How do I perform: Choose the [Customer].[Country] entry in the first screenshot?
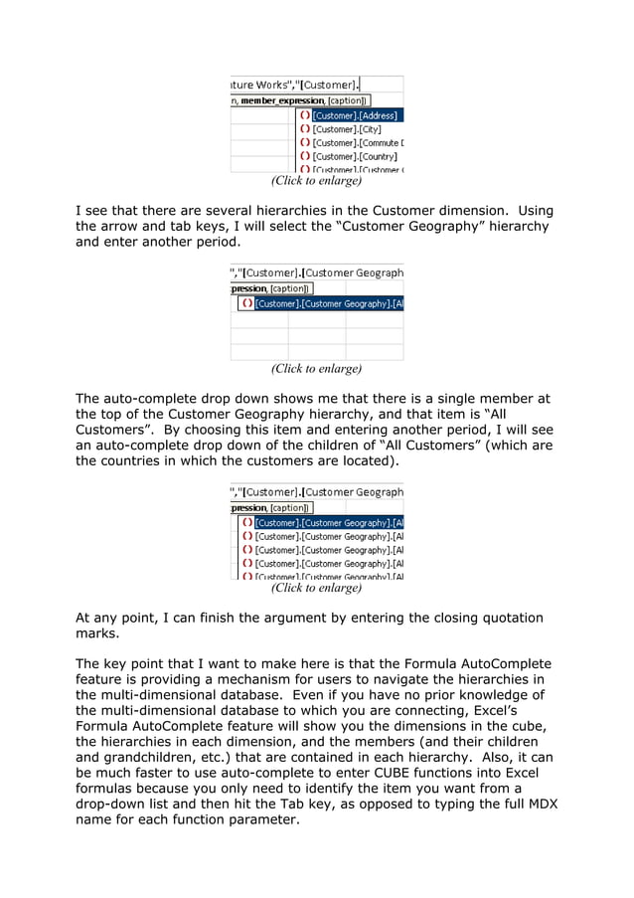pyautogui.click(x=354, y=156)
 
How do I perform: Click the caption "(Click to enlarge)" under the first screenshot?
pyautogui.click(x=316, y=181)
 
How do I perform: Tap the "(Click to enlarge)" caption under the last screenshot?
pyautogui.click(x=316, y=588)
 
